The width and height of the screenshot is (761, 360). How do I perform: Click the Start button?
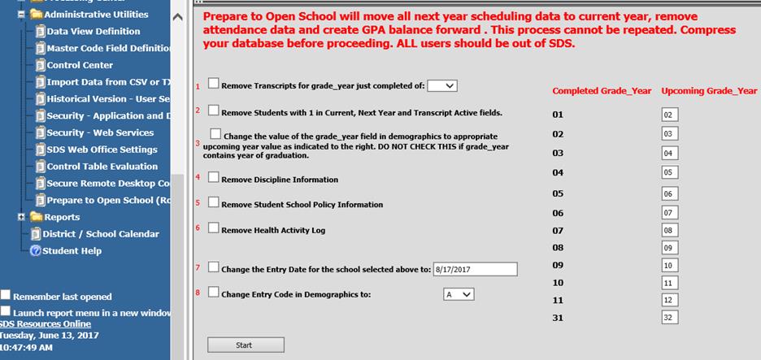tap(244, 345)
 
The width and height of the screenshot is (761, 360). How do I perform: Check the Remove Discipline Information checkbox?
tap(214, 176)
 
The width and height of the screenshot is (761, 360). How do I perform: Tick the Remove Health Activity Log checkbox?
tap(214, 228)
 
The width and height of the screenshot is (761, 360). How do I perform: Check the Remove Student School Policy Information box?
tap(214, 202)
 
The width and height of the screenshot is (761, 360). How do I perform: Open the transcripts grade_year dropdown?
tap(442, 85)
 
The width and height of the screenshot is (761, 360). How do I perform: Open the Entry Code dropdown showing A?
tap(458, 294)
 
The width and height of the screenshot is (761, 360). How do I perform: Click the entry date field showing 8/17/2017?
tap(475, 269)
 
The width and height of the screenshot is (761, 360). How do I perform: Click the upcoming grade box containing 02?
tap(669, 115)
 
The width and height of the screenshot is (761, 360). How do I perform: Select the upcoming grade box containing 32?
tap(669, 317)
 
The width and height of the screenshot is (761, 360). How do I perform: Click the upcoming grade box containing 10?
tap(669, 266)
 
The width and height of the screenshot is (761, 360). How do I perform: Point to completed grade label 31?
tap(558, 318)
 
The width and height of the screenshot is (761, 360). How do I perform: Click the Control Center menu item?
tap(80, 65)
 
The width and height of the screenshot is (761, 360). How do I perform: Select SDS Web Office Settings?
tap(102, 150)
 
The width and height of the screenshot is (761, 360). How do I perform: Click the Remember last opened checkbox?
tap(6, 295)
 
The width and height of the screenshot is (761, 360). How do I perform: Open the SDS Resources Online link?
tap(46, 323)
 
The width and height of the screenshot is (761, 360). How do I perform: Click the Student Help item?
tap(72, 251)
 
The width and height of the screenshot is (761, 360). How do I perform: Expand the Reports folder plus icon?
tap(21, 217)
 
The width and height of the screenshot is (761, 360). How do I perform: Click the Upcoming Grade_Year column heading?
tap(709, 91)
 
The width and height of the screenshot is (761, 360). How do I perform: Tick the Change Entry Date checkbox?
tap(214, 267)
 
